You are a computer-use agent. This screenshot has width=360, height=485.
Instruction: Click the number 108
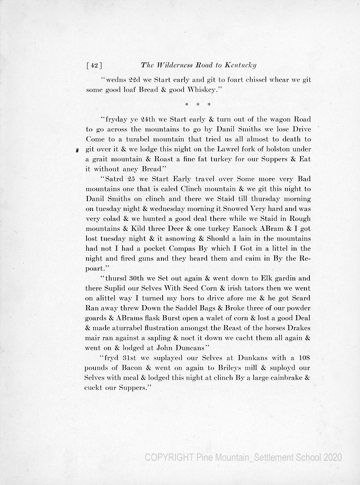click(301, 358)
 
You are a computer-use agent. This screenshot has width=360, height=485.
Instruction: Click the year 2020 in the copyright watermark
click(332, 458)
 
